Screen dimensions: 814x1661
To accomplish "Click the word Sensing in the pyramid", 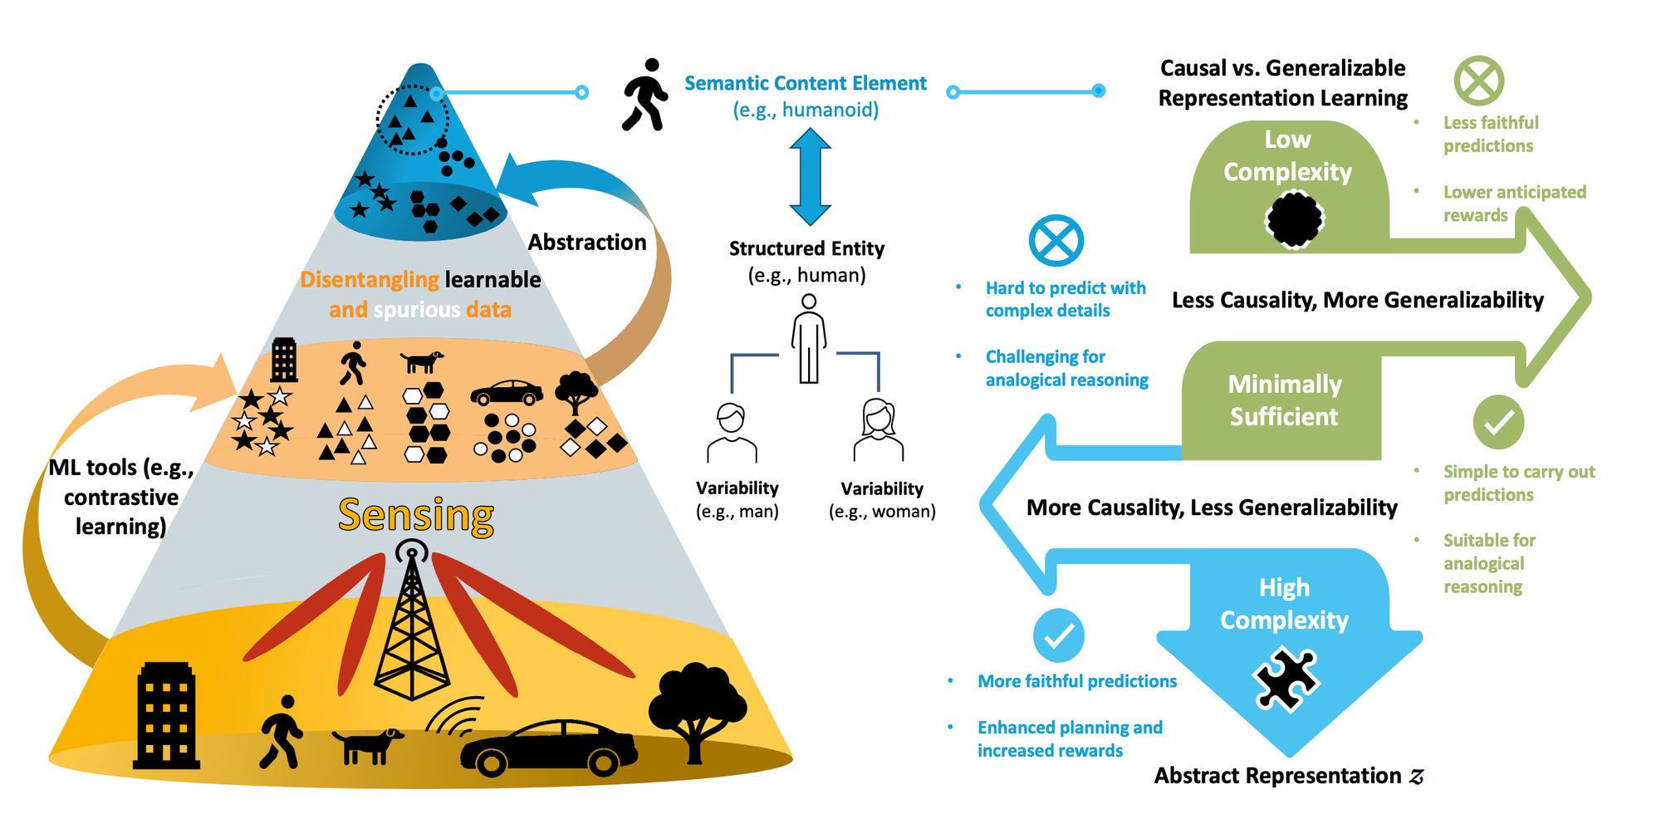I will (x=416, y=515).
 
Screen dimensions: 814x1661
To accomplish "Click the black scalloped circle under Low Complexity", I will (x=1294, y=219).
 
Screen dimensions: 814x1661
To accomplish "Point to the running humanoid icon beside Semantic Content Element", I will (x=645, y=95).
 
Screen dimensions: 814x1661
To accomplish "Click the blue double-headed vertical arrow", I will (x=810, y=177).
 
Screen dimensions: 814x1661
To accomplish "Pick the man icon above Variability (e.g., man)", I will (x=732, y=433).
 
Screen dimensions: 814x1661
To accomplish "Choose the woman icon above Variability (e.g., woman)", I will (x=879, y=429).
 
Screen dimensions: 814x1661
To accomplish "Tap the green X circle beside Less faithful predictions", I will (x=1479, y=81).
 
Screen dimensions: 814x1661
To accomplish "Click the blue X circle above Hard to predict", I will (x=1056, y=241).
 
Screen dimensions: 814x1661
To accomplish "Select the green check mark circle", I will (x=1498, y=422).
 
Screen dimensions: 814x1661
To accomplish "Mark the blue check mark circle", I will (x=1058, y=635).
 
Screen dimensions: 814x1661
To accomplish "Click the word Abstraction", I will (x=587, y=243).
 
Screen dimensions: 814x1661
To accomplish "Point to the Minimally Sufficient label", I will (x=1284, y=400).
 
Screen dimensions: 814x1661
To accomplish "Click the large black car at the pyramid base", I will (x=549, y=748).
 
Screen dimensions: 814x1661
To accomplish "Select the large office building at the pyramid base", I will (x=167, y=715).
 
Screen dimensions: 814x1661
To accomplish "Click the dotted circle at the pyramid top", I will (x=413, y=120).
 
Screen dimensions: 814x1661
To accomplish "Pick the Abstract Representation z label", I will (x=1288, y=776).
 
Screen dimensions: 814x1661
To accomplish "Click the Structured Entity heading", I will (x=806, y=248).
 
